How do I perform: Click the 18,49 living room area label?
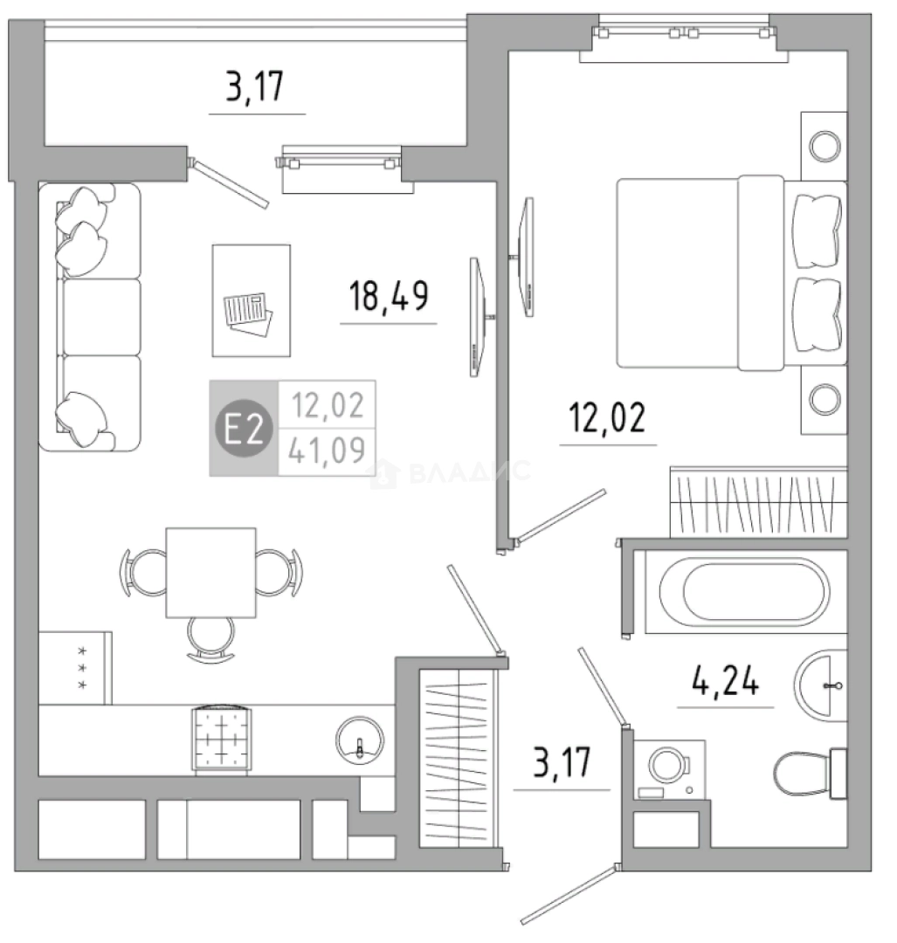[x=389, y=295]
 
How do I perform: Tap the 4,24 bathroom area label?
[x=726, y=681]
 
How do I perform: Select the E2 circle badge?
[x=244, y=429]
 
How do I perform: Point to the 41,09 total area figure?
[x=327, y=451]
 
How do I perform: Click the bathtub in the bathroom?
[x=745, y=591]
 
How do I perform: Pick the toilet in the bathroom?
[x=810, y=773]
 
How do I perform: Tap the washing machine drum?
[x=668, y=766]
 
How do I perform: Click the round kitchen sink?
[x=360, y=740]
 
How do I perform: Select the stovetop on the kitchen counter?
[x=221, y=739]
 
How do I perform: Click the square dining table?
[x=211, y=573]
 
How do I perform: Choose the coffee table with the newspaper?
[x=252, y=300]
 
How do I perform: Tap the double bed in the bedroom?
[x=732, y=272]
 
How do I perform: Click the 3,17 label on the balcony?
[x=254, y=86]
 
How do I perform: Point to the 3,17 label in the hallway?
[x=562, y=762]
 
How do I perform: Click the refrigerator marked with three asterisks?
[x=75, y=668]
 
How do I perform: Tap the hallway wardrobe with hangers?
[x=456, y=757]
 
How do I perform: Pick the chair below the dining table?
[x=210, y=639]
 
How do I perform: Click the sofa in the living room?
[x=90, y=317]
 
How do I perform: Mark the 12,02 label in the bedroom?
[x=607, y=417]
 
